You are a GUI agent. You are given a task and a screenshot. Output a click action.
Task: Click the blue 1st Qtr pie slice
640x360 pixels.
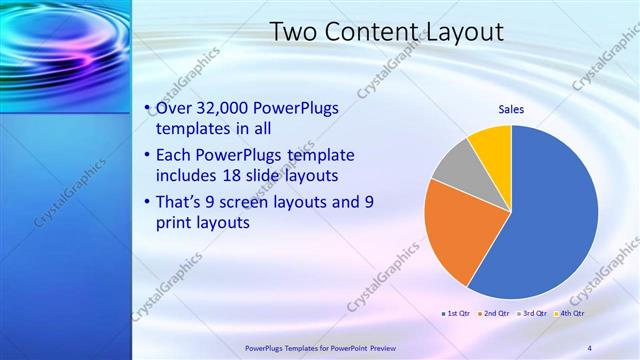click(550, 220)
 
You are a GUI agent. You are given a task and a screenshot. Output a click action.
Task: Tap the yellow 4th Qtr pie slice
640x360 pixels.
click(493, 144)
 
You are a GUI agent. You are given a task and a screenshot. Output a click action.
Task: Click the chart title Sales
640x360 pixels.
click(511, 110)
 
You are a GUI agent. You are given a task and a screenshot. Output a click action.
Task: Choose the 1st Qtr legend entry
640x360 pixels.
click(457, 314)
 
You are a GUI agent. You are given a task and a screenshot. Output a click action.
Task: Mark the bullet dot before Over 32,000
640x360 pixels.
click(148, 108)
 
